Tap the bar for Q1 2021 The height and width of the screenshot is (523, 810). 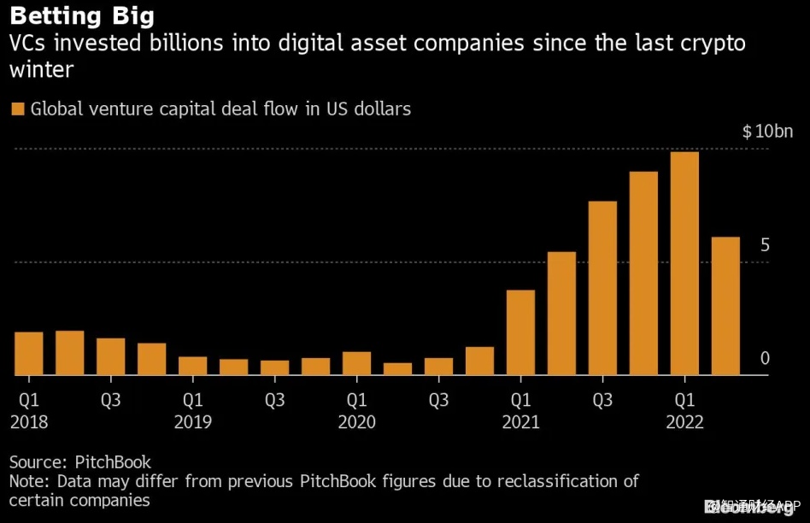(x=520, y=332)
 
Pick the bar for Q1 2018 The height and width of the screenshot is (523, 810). (x=28, y=353)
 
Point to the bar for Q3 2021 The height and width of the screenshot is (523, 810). (x=602, y=288)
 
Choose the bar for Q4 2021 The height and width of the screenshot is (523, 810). (x=643, y=273)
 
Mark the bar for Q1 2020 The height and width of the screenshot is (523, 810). (x=356, y=363)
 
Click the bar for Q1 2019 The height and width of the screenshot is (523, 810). (x=192, y=366)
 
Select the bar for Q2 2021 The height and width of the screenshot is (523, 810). (x=561, y=314)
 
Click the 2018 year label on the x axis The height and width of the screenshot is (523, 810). (x=28, y=422)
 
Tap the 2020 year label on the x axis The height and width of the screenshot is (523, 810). (x=356, y=422)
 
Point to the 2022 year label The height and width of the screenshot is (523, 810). (x=684, y=422)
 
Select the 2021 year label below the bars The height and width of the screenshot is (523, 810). (x=520, y=422)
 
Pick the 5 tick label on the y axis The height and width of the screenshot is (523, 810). (x=766, y=245)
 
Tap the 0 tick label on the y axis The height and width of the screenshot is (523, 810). (x=766, y=358)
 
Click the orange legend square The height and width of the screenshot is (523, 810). (x=17, y=109)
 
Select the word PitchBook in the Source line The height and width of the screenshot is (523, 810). (x=113, y=462)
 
